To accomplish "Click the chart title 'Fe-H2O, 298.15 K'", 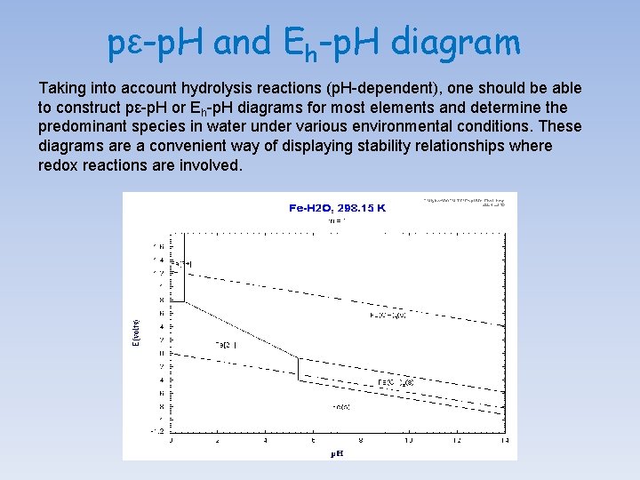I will coord(338,207).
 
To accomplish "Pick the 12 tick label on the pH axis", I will coord(456,439).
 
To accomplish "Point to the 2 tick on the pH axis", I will coord(218,439).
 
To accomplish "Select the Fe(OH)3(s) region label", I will coord(389,315).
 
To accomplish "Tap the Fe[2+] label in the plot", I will coord(225,345).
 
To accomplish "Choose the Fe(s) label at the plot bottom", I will coord(340,407).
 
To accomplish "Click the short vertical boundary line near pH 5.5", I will coord(298,368).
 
